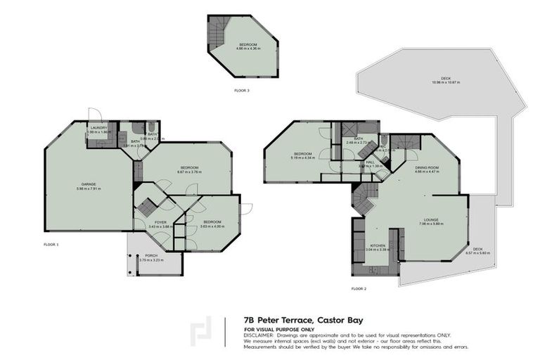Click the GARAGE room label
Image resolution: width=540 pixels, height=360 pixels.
coord(88,184)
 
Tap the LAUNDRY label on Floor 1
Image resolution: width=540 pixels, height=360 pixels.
coord(98,128)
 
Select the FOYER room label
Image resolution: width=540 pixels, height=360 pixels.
coord(160,222)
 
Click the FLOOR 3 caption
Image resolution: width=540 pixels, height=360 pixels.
coord(243,91)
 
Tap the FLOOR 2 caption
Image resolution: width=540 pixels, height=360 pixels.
coord(359,288)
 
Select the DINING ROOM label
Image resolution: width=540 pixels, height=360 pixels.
coord(426,167)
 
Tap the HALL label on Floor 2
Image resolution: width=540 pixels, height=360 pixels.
coord(371,162)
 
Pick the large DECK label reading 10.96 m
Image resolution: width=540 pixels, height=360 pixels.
coord(445,78)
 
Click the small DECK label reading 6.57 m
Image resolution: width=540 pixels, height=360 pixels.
coord(477,249)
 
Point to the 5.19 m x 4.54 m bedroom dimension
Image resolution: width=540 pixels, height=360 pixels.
coord(303,158)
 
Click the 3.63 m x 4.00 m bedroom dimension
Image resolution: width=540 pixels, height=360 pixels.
coord(211,226)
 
